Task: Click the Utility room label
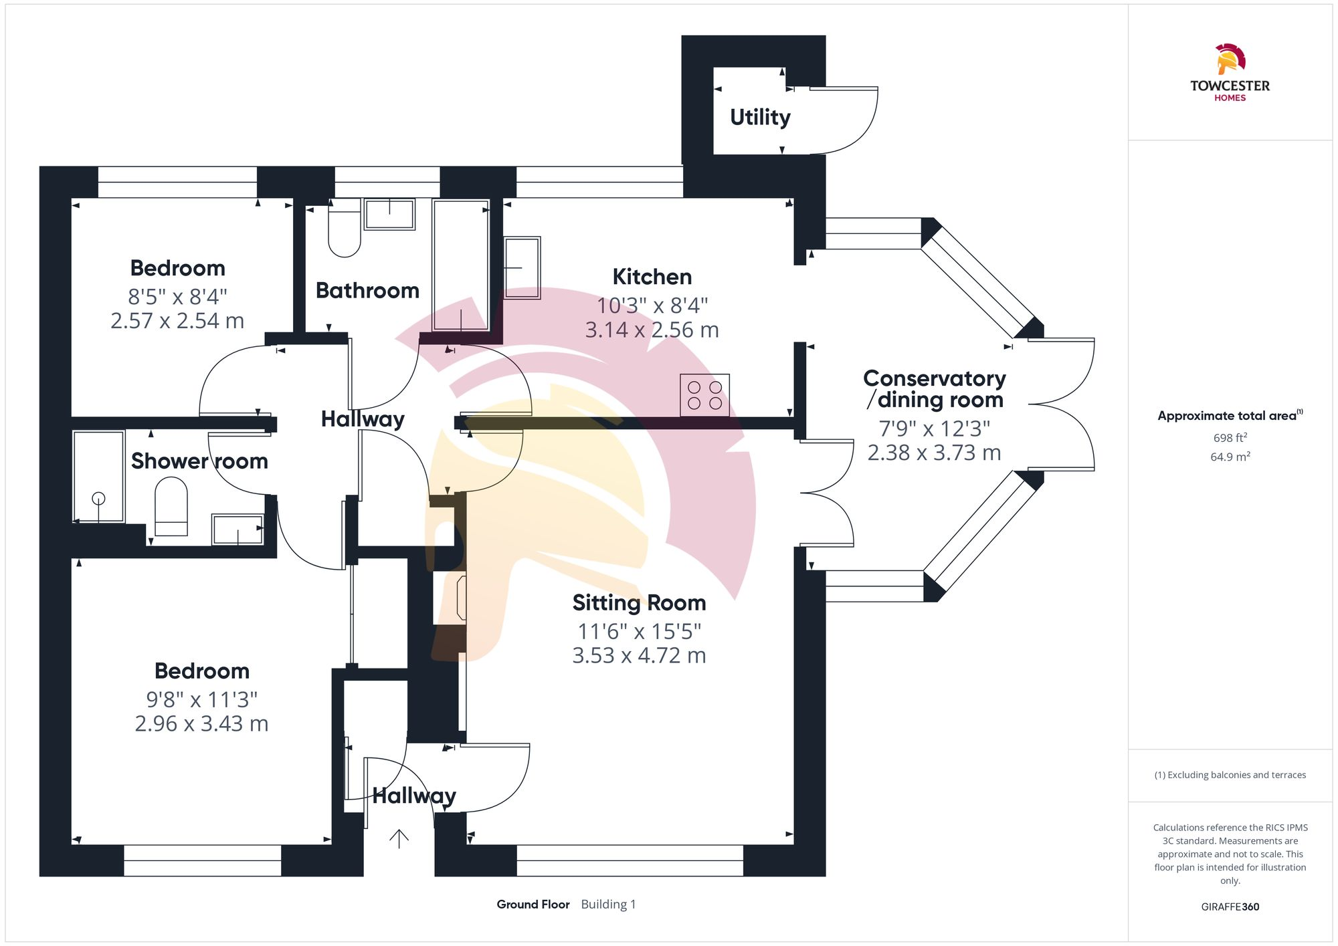coord(760,117)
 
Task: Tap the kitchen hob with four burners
coord(704,395)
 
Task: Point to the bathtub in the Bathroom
coord(461,265)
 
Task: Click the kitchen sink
coord(522,267)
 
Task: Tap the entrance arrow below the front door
coord(399,838)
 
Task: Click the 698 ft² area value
coord(1230,438)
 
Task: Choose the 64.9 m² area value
coord(1230,457)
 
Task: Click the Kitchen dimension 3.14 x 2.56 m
coord(652,330)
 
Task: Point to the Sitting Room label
coord(639,603)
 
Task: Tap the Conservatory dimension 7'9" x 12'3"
coord(934,428)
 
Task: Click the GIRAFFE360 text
coord(1230,907)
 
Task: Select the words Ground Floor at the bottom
coord(533,904)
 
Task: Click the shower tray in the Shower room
coord(98,476)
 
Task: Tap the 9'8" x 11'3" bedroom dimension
coord(201,699)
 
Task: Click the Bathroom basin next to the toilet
coord(389,214)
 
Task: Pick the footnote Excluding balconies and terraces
coord(1230,775)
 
